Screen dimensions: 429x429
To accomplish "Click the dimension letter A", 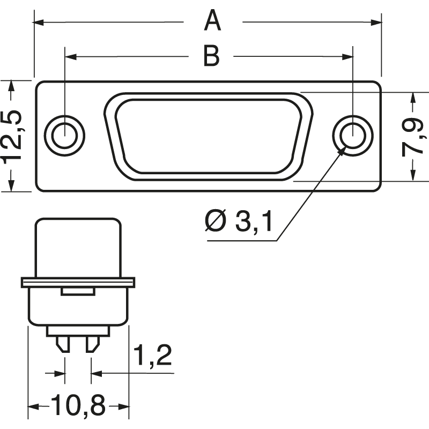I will point(213,22).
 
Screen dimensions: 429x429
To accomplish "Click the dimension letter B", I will point(211,56).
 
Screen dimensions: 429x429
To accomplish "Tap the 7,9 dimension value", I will point(412,137).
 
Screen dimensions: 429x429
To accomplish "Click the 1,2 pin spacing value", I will point(152,356).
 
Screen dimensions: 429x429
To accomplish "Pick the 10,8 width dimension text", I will point(78,406).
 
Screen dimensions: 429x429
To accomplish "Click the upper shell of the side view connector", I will point(78,247).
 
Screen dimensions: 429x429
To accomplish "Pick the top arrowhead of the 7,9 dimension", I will point(412,97).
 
